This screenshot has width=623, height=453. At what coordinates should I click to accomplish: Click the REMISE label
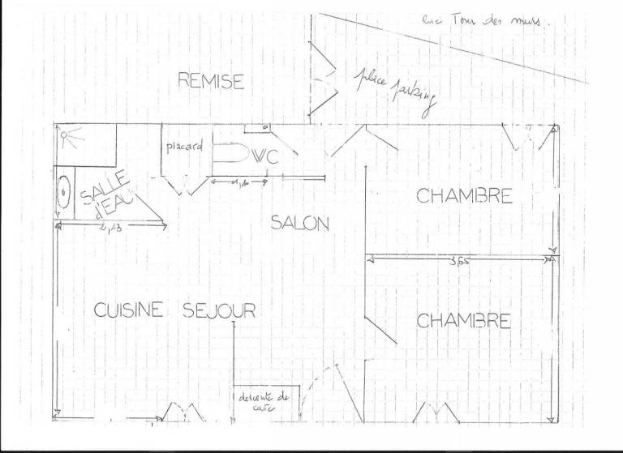(x=211, y=81)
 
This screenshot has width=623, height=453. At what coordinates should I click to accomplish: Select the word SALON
(x=299, y=224)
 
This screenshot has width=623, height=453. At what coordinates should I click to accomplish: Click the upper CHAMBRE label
(x=464, y=196)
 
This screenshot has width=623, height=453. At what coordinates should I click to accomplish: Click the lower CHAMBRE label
(x=463, y=320)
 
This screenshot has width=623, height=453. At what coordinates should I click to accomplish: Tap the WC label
(x=265, y=157)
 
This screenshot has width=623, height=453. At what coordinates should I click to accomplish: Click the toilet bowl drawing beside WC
(x=230, y=154)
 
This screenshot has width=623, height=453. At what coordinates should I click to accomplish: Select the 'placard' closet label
(x=183, y=147)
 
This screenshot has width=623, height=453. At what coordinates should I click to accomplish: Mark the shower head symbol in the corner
(x=71, y=139)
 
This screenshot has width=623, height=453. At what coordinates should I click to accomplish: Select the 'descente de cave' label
(x=264, y=402)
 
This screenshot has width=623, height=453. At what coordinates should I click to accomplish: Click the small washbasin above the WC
(x=257, y=127)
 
